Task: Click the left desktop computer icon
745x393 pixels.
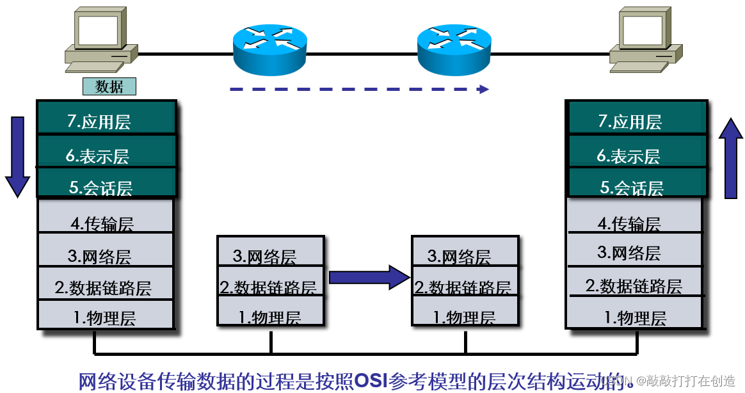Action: click(100, 40)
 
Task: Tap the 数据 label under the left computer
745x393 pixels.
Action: click(109, 86)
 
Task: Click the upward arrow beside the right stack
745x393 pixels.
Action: click(730, 158)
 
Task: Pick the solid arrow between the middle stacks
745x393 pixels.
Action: click(368, 277)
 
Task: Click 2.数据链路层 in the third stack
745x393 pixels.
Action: click(463, 287)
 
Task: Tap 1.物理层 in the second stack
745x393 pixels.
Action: click(271, 316)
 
